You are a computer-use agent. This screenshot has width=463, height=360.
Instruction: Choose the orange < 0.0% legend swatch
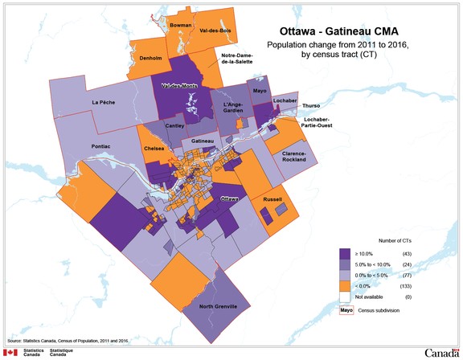point(346,284)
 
